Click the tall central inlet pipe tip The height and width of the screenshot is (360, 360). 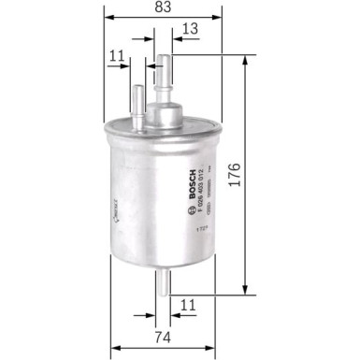click(x=166, y=59)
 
